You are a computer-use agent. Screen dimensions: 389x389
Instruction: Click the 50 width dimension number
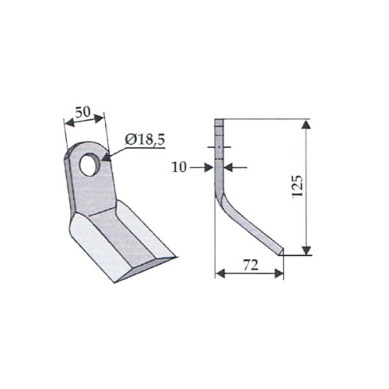pyautogui.click(x=83, y=112)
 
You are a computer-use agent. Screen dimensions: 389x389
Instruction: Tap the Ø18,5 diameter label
pyautogui.click(x=145, y=140)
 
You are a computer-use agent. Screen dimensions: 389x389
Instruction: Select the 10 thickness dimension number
pyautogui.click(x=179, y=167)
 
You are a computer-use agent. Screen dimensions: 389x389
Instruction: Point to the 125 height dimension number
pyautogui.click(x=297, y=187)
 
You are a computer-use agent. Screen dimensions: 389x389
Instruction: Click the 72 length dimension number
pyautogui.click(x=251, y=265)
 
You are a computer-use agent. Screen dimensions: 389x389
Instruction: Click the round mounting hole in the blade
pyautogui.click(x=90, y=165)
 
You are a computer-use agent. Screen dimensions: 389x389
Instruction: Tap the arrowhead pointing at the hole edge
pyautogui.click(x=107, y=158)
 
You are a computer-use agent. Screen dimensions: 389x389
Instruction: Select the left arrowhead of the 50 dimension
pyautogui.click(x=69, y=123)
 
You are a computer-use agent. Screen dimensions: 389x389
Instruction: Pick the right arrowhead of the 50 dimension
pyautogui.click(x=99, y=118)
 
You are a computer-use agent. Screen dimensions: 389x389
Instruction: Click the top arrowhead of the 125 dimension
pyautogui.click(x=307, y=124)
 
